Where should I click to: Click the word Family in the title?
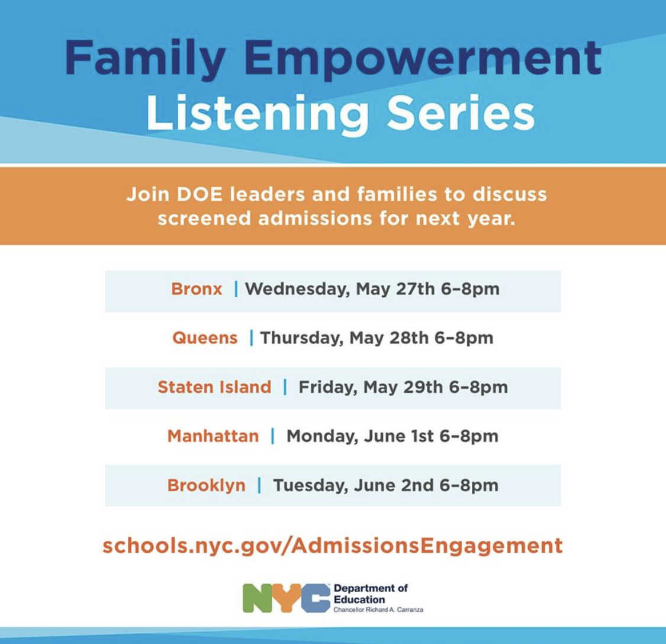(x=145, y=59)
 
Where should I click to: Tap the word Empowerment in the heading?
(x=423, y=59)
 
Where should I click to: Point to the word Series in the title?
(x=461, y=113)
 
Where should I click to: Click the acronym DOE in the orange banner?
(x=200, y=194)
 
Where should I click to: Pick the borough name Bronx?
(x=197, y=289)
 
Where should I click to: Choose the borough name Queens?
(x=205, y=338)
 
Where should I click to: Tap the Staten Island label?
(x=214, y=387)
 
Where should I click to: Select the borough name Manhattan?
(x=213, y=436)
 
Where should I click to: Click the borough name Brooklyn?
(x=207, y=485)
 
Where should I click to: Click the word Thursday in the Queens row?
(x=301, y=338)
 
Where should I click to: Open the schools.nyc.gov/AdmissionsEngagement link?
(x=333, y=546)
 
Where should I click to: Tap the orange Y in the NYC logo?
(x=287, y=598)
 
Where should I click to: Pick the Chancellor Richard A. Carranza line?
(x=378, y=610)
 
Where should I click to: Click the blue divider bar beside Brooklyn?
(x=259, y=485)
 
